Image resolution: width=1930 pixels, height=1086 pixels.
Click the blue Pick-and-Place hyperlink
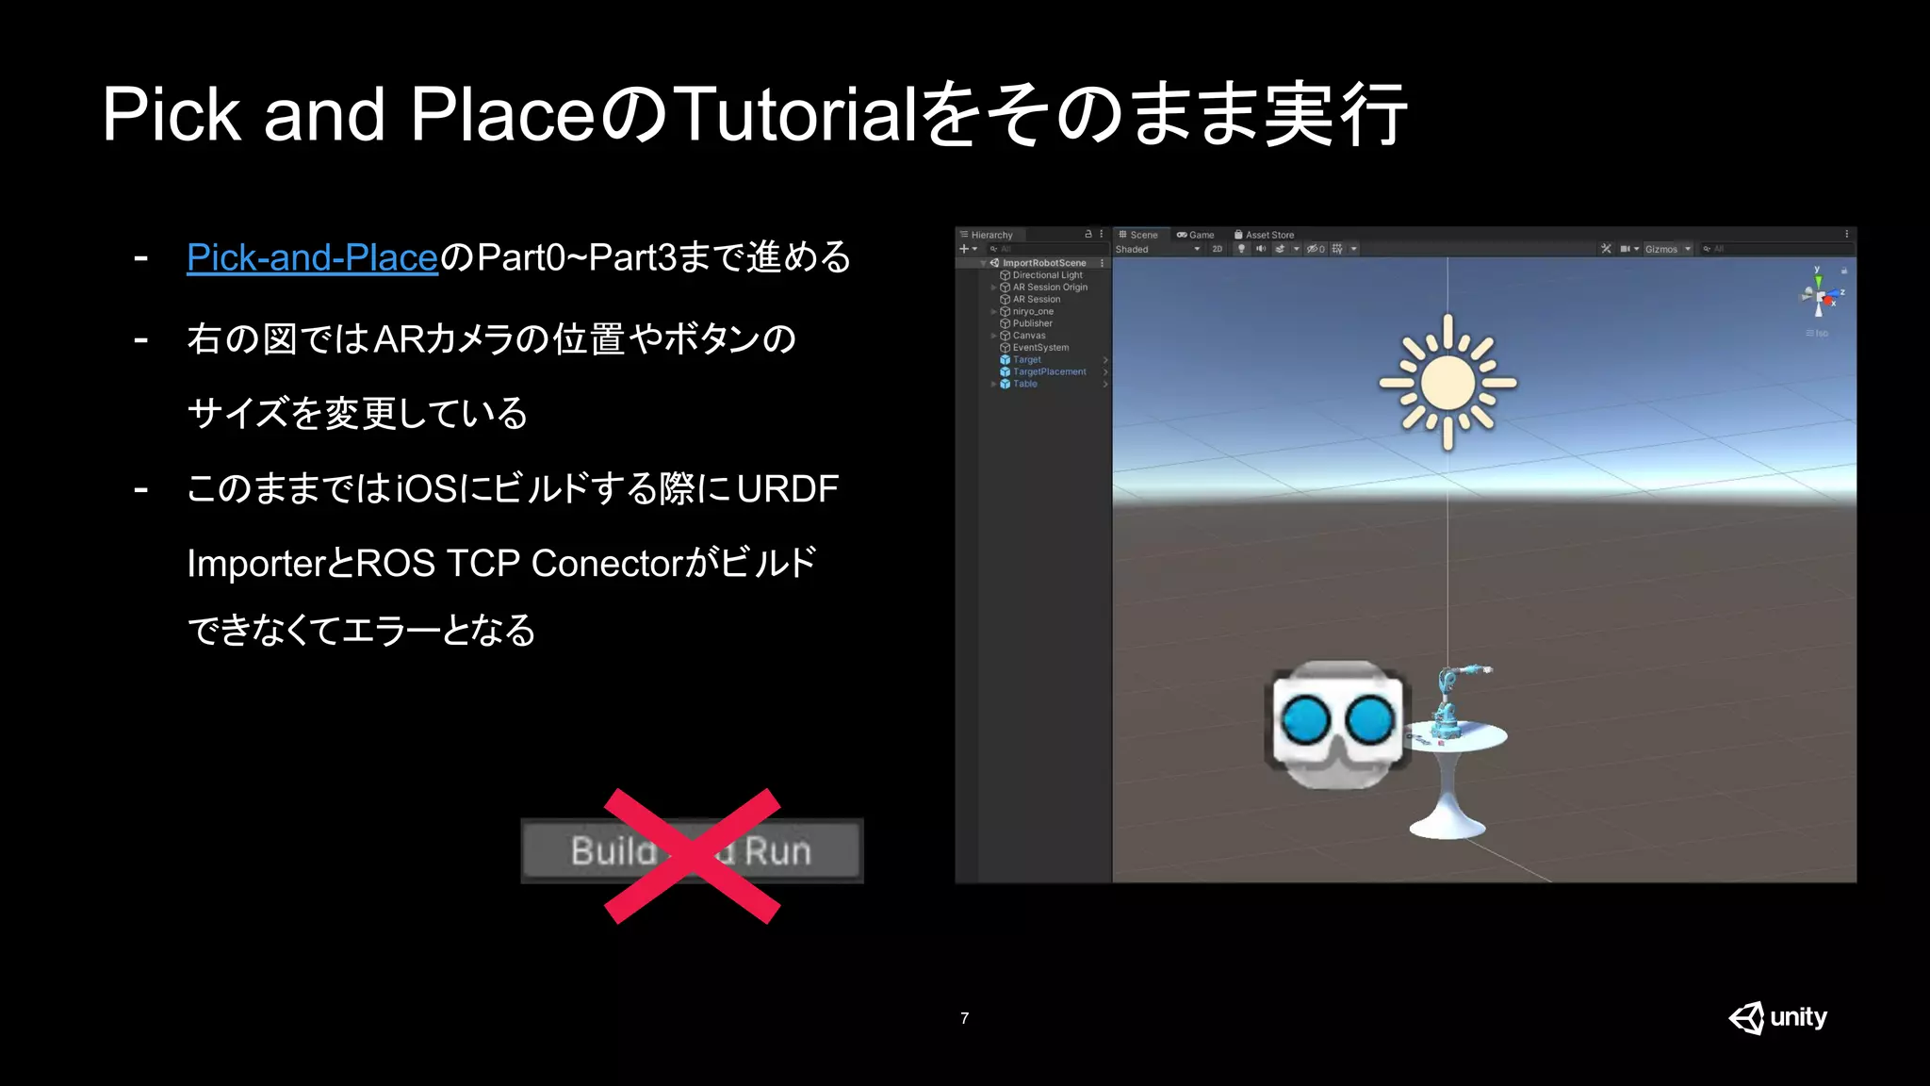click(312, 257)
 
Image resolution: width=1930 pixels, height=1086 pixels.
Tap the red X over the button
click(692, 855)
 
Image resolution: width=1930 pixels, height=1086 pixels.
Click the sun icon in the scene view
click(1447, 382)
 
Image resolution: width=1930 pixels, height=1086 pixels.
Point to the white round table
click(1451, 773)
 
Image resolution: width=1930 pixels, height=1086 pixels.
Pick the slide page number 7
click(964, 1018)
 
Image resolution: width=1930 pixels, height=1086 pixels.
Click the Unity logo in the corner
click(1777, 1017)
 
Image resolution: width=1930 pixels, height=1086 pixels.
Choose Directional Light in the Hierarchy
click(1047, 275)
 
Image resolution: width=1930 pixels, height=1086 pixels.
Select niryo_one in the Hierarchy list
click(1033, 311)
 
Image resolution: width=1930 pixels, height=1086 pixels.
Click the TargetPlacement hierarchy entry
click(1049, 371)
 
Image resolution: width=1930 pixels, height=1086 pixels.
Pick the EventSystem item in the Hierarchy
click(1040, 348)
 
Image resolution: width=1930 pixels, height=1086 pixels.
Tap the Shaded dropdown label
click(1133, 250)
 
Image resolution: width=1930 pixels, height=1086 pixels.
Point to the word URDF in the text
click(788, 488)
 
